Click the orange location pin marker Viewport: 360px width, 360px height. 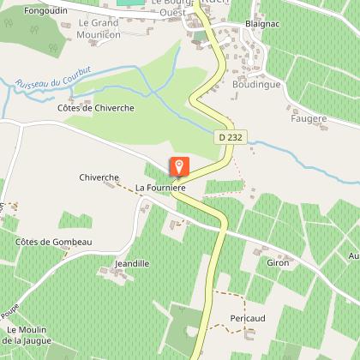point(179,167)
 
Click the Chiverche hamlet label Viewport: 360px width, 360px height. point(99,177)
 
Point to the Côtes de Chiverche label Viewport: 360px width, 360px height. point(87,107)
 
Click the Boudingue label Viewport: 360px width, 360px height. point(255,85)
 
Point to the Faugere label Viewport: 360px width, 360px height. point(309,118)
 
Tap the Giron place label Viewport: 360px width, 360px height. point(278,262)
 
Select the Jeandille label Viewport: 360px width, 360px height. point(131,263)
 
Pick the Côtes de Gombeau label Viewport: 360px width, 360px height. point(53,243)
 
